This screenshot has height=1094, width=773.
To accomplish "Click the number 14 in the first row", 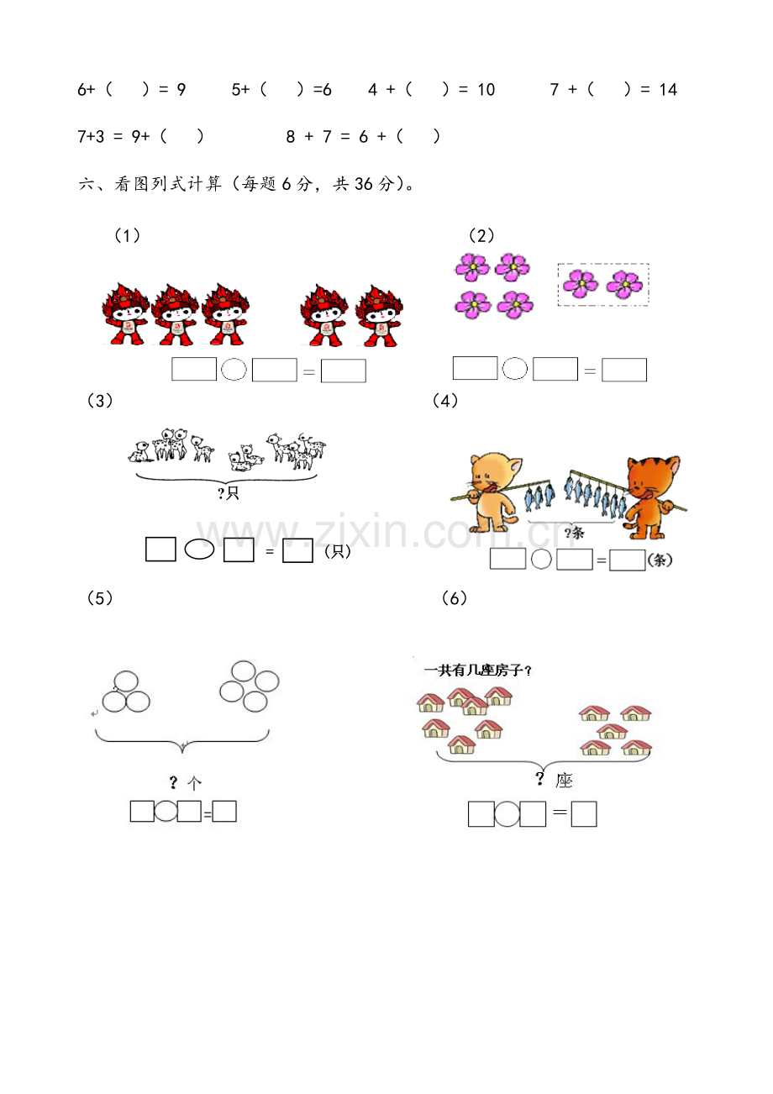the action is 668,89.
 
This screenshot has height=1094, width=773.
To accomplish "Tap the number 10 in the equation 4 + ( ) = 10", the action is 486,89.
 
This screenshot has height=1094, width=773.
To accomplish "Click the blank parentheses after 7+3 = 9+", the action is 181,136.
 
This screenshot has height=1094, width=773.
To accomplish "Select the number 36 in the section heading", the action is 363,184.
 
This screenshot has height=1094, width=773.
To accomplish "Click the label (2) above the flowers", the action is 481,236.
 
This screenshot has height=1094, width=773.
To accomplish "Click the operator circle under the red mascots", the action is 234,369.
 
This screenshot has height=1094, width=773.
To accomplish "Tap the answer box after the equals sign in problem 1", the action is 344,371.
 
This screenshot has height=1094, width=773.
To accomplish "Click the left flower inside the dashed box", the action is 580,283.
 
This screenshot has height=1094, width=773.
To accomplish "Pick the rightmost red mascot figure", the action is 379,316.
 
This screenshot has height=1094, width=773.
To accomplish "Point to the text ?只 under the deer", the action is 228,493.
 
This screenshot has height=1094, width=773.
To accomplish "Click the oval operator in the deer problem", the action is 199,550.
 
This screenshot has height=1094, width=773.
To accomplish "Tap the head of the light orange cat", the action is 493,471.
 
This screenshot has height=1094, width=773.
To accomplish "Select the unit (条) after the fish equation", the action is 660,560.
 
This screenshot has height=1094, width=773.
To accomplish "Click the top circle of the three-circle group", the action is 126,681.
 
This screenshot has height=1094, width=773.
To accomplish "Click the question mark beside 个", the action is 173,782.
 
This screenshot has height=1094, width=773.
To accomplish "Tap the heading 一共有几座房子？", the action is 477,671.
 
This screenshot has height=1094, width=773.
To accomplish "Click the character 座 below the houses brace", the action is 564,780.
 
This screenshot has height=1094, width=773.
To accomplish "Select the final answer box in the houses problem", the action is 584,813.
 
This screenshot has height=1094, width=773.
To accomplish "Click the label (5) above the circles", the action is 100,597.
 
